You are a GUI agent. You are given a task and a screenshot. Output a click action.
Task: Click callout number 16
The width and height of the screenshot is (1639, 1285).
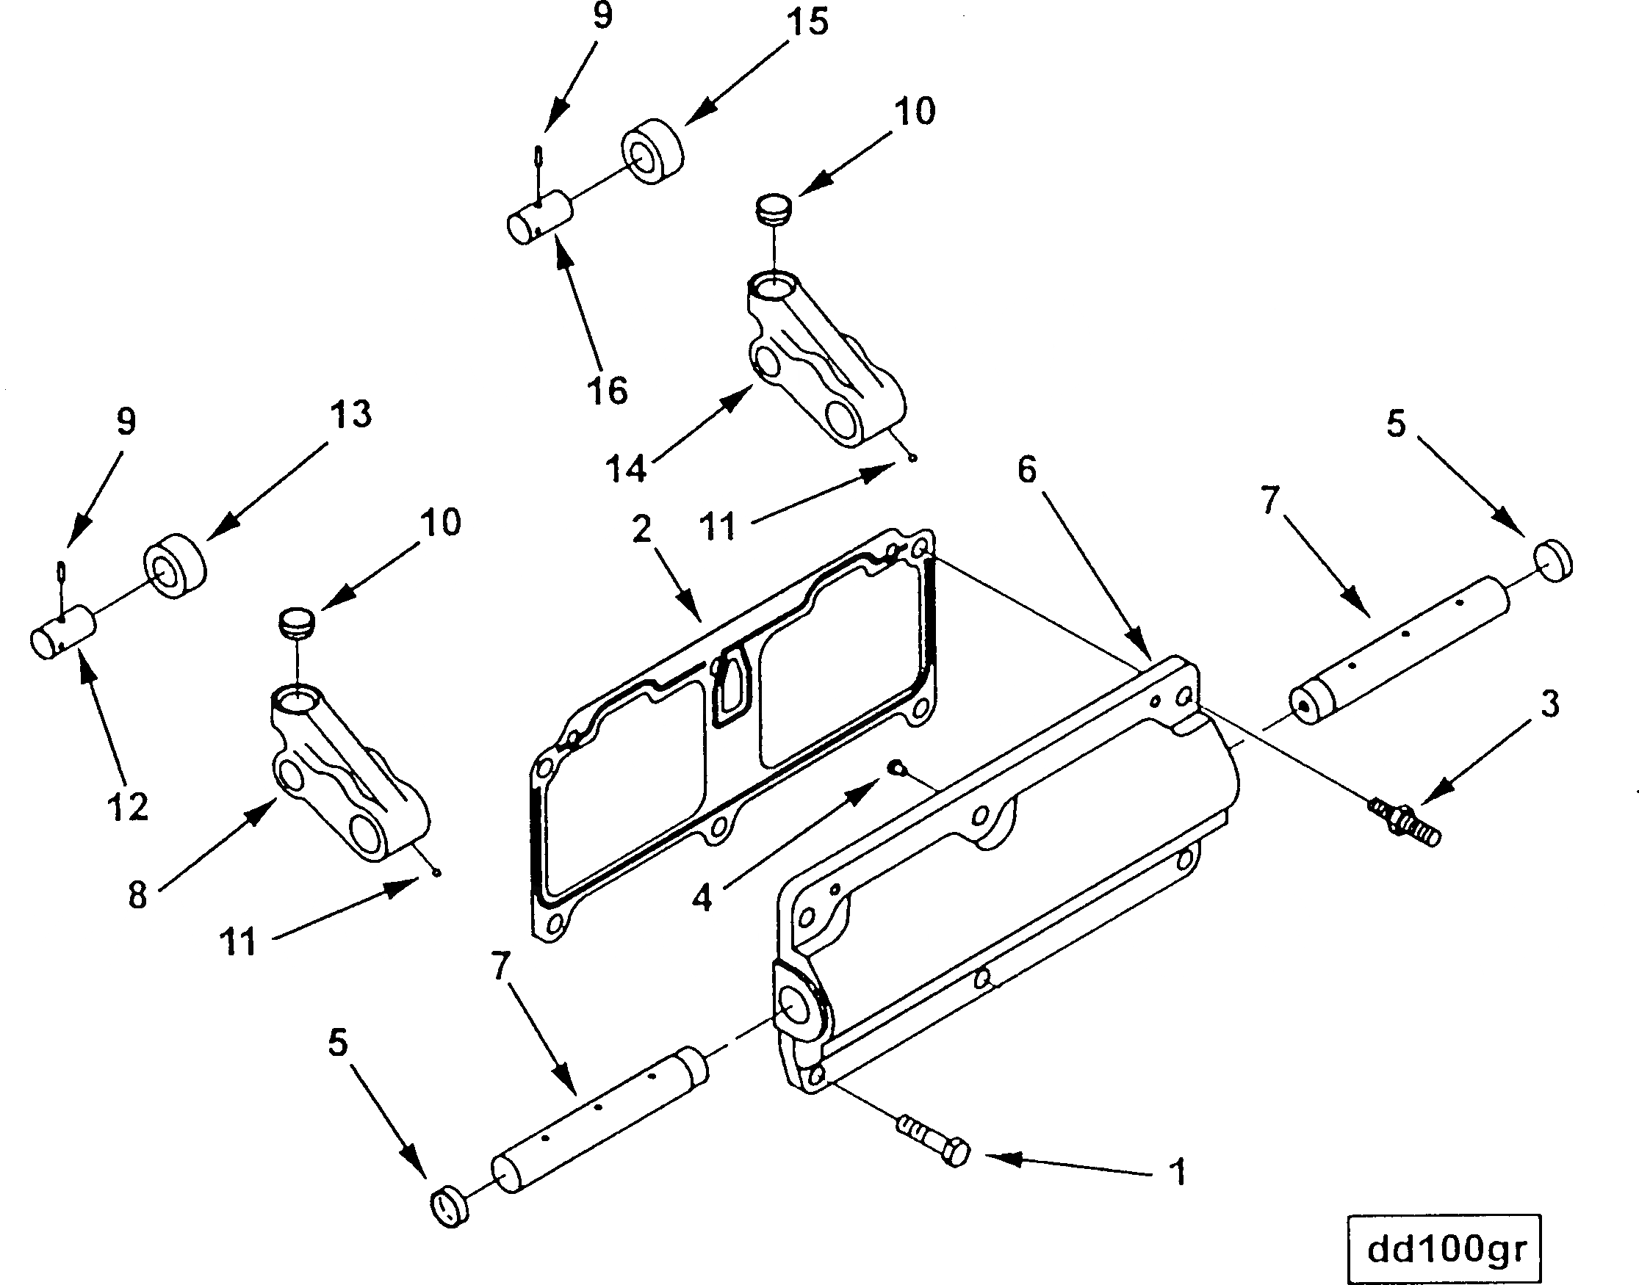pos(608,391)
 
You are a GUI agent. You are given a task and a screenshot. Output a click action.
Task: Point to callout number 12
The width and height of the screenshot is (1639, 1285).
pos(127,807)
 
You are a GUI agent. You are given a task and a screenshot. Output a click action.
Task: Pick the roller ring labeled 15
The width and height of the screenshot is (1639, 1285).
pos(652,151)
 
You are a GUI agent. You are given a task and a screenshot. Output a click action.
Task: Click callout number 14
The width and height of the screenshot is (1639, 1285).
pos(626,468)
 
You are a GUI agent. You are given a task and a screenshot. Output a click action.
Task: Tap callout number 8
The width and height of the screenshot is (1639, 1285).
pos(137,895)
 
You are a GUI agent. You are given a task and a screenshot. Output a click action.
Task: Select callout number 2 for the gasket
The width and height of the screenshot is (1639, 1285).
pos(641,529)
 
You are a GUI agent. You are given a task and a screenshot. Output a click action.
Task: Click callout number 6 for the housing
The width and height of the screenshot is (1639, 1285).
pos(1026,469)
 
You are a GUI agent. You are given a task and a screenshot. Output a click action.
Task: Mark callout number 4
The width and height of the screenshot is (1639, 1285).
pos(702,897)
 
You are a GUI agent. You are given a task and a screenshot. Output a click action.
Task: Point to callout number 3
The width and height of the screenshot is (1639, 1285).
pos(1550,704)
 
